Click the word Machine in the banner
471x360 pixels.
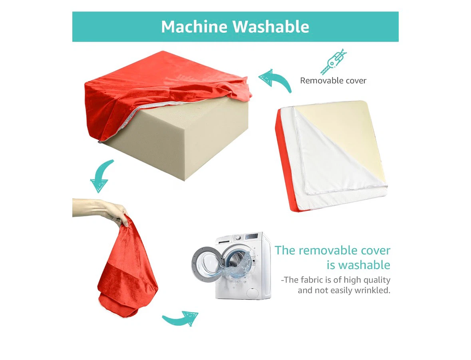tap(194, 26)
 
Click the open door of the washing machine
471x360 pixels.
tap(207, 264)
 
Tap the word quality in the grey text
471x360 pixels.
tap(377, 280)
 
